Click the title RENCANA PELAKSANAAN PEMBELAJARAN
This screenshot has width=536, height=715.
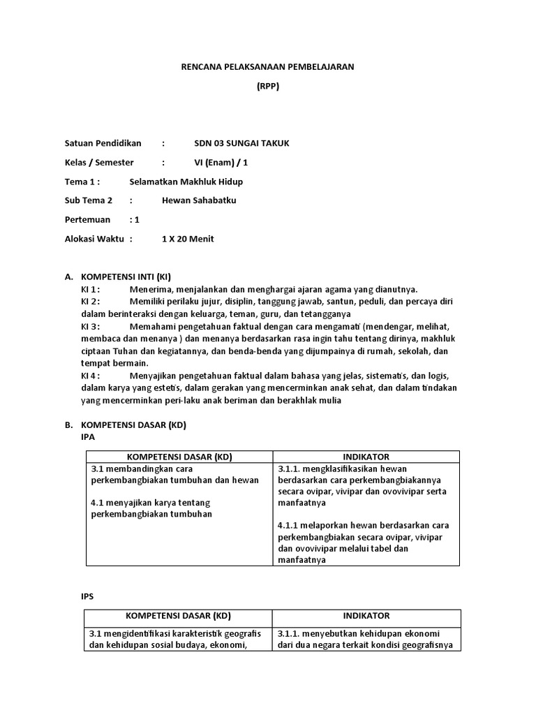[268, 67]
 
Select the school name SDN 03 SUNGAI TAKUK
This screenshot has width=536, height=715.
[241, 144]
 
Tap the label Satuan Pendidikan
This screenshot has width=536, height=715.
[103, 144]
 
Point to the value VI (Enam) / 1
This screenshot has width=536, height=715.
[221, 163]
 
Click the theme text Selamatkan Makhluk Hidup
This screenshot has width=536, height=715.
[186, 182]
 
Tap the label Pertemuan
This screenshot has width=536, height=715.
[87, 220]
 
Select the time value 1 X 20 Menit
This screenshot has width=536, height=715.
[188, 239]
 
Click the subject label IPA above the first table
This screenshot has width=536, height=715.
[89, 437]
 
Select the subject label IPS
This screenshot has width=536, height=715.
[89, 597]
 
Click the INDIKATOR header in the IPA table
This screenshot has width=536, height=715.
[366, 457]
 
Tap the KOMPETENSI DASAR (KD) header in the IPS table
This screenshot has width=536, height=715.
[178, 617]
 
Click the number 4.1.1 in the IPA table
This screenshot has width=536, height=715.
[288, 525]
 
